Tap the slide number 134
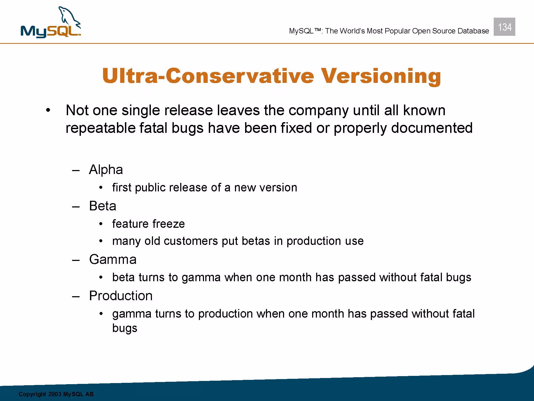[505, 27]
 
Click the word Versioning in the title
[381, 76]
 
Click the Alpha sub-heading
[106, 169]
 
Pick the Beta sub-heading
[103, 206]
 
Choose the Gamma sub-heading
[113, 259]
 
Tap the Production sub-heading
[121, 296]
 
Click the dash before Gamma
[76, 260]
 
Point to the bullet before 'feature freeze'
[101, 224]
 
